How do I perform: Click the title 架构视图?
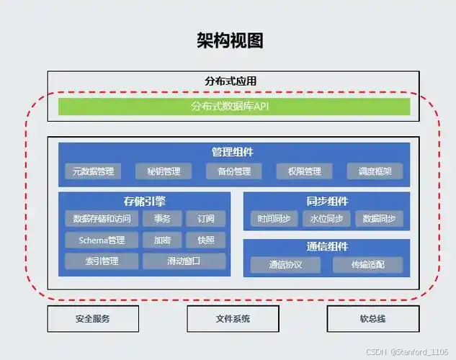[230, 40]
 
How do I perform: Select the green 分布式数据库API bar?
[234, 107]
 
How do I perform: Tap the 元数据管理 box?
[93, 171]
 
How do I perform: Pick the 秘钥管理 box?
[164, 171]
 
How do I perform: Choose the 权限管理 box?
[303, 171]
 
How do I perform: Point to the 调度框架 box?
[375, 171]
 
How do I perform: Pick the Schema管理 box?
[97, 240]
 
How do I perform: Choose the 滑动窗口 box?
[184, 261]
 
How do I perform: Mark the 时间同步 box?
[273, 219]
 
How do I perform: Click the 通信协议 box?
[285, 265]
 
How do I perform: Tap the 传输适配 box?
[367, 265]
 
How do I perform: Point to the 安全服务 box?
[93, 318]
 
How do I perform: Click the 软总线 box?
[372, 318]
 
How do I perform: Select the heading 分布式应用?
[230, 81]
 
